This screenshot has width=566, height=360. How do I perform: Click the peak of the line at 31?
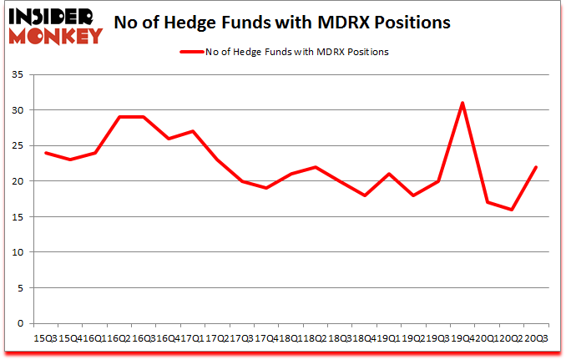[462, 103]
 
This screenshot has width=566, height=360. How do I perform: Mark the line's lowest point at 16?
[512, 210]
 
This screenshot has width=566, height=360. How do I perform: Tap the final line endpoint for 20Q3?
[536, 167]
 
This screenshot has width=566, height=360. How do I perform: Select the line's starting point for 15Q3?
[45, 153]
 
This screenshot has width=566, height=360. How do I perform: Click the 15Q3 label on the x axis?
[45, 337]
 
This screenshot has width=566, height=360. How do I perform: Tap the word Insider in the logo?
[52, 16]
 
